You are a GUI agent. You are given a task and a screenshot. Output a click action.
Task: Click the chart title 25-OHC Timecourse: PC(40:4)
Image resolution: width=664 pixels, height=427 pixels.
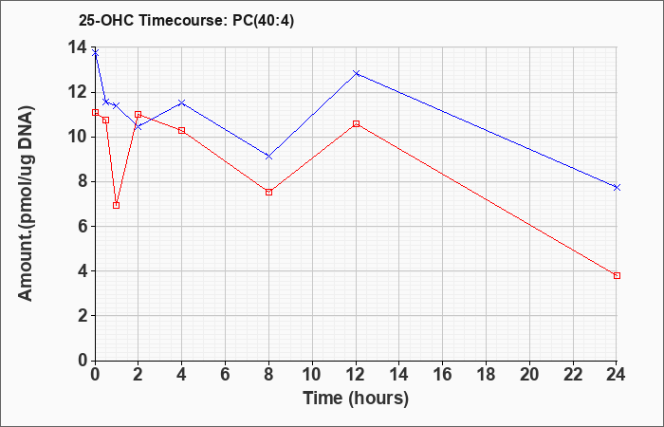[186, 21]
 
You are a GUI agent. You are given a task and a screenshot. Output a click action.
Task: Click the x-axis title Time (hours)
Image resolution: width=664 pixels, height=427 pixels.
[356, 399]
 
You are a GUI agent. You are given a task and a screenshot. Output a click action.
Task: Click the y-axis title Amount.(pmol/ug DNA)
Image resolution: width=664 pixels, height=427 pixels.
[27, 203]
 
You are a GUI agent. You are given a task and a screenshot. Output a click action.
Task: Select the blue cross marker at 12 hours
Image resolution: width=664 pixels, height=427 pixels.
[356, 73]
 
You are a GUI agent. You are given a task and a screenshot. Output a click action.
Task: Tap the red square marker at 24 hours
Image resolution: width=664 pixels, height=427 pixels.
[617, 276]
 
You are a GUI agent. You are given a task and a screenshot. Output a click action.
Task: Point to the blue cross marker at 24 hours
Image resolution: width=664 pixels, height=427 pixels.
[617, 187]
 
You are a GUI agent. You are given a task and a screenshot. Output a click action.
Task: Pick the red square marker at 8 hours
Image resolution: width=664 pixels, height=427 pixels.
[268, 193]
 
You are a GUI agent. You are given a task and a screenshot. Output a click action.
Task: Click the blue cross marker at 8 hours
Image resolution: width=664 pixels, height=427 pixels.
[268, 157]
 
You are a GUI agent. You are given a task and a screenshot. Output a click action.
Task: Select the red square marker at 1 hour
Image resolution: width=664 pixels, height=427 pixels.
[117, 206]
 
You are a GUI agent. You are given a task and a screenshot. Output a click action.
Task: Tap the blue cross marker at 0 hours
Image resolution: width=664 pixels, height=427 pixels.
[95, 53]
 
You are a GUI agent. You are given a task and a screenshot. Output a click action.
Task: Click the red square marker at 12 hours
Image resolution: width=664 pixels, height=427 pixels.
[356, 123]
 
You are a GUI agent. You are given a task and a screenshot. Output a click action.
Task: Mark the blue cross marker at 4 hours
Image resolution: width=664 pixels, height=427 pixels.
[182, 102]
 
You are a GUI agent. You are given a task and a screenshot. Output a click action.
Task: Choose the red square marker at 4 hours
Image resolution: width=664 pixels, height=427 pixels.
[182, 131]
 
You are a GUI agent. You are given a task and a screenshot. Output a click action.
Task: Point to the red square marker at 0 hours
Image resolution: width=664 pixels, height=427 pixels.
[95, 112]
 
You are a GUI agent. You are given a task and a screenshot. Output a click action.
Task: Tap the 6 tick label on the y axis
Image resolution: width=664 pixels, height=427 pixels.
[83, 226]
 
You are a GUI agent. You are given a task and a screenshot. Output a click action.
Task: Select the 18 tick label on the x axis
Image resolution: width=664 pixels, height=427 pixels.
[486, 375]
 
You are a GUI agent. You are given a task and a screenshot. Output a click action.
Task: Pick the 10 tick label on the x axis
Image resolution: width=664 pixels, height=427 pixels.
[312, 375]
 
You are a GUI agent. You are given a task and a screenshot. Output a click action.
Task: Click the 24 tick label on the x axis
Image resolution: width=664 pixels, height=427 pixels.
[616, 375]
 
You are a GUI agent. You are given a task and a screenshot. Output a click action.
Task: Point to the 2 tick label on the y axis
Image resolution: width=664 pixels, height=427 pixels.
[83, 316]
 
